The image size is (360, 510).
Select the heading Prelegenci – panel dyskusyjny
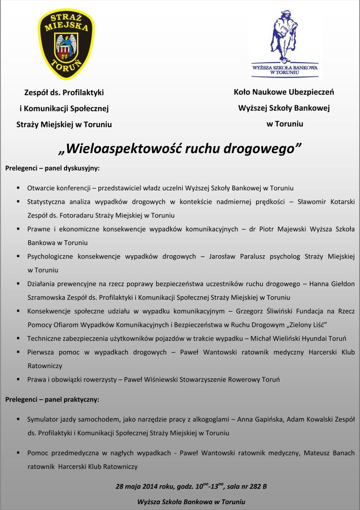click(52, 168)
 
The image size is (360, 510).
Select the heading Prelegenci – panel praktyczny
click(52, 399)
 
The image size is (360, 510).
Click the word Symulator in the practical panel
click(43, 419)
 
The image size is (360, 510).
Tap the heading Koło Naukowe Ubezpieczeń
click(284, 92)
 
